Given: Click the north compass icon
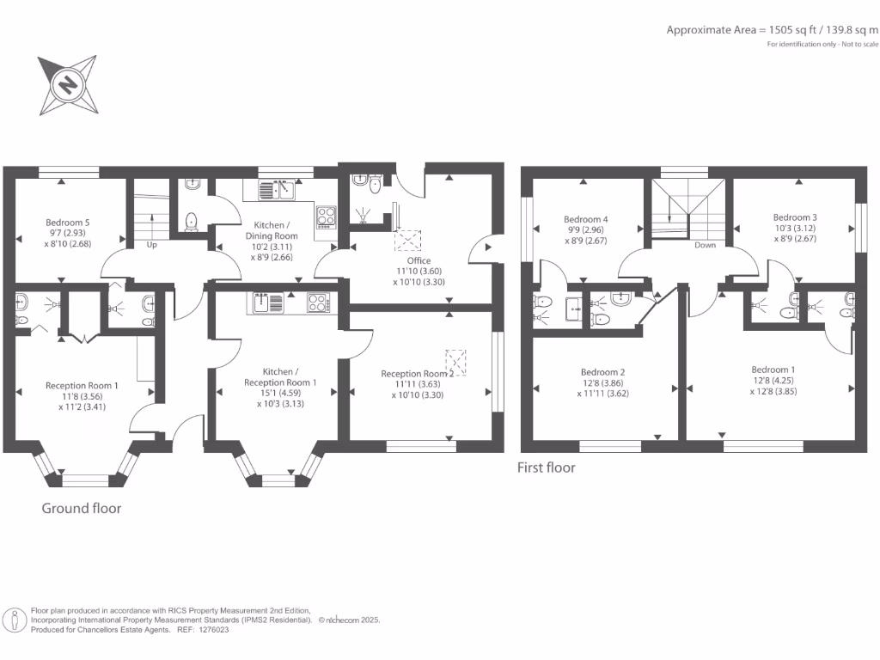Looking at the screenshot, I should [66, 85].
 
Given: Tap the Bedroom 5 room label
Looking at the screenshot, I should [68, 223].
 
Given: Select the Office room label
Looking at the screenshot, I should [420, 260].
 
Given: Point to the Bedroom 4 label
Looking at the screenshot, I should [585, 218].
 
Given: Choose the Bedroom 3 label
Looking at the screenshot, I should [795, 217].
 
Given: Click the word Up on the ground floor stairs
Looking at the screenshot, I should [153, 245].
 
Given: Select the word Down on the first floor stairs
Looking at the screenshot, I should [705, 245].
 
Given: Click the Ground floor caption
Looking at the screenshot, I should [82, 508].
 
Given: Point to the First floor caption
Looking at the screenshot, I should [546, 467].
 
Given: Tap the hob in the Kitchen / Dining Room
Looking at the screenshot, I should [327, 216].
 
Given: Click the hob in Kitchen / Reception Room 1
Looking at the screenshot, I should [317, 302].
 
